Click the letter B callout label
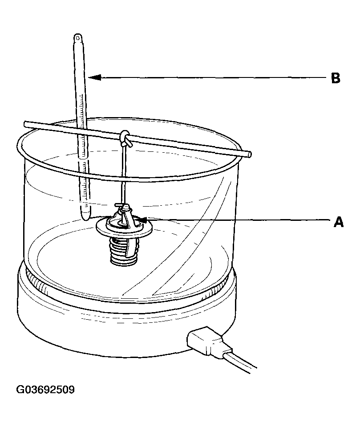pyautogui.click(x=336, y=78)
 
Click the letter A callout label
pyautogui.click(x=339, y=222)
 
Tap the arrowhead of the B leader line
pyautogui.click(x=94, y=77)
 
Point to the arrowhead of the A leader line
pyautogui.click(x=142, y=219)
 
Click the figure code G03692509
pyautogui.click(x=45, y=390)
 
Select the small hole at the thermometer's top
pyautogui.click(x=78, y=37)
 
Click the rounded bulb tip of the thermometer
pyautogui.click(x=85, y=216)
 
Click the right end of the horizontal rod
pyautogui.click(x=249, y=154)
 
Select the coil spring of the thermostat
pyautogui.click(x=124, y=249)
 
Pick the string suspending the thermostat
pyautogui.click(x=124, y=174)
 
